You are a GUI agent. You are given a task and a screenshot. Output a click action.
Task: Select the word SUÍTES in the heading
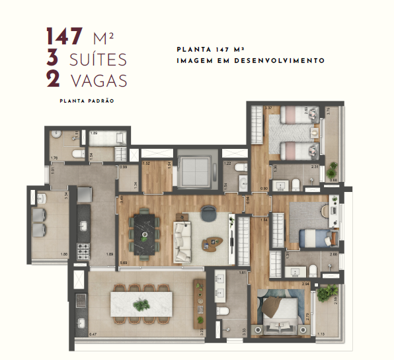coord(97,59)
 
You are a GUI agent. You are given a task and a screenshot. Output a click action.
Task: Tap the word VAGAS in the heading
coord(97,80)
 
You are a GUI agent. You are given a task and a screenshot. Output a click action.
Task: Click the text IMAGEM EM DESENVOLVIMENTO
coord(250,60)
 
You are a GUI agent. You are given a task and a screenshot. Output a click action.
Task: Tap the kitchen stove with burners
coord(84,251)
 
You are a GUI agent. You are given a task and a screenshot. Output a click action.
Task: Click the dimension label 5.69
coord(124,263)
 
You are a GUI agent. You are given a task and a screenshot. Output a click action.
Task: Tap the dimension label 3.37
coord(268,108)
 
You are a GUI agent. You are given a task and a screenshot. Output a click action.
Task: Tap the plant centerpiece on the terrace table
coord(140,305)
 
